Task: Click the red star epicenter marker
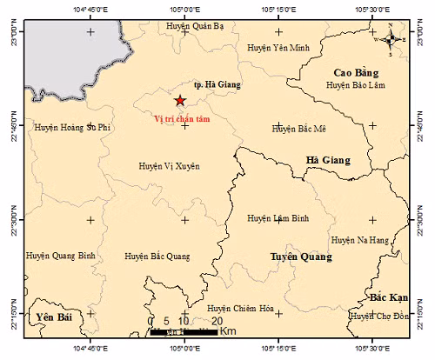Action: [x=180, y=100]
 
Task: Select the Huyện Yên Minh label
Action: [x=278, y=47]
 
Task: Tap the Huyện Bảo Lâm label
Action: [x=355, y=85]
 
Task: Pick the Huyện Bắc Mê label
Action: [x=298, y=129]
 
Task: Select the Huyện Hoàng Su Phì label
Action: [x=74, y=127]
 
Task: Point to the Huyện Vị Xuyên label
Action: [x=169, y=164]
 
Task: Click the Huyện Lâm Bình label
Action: [x=278, y=218]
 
